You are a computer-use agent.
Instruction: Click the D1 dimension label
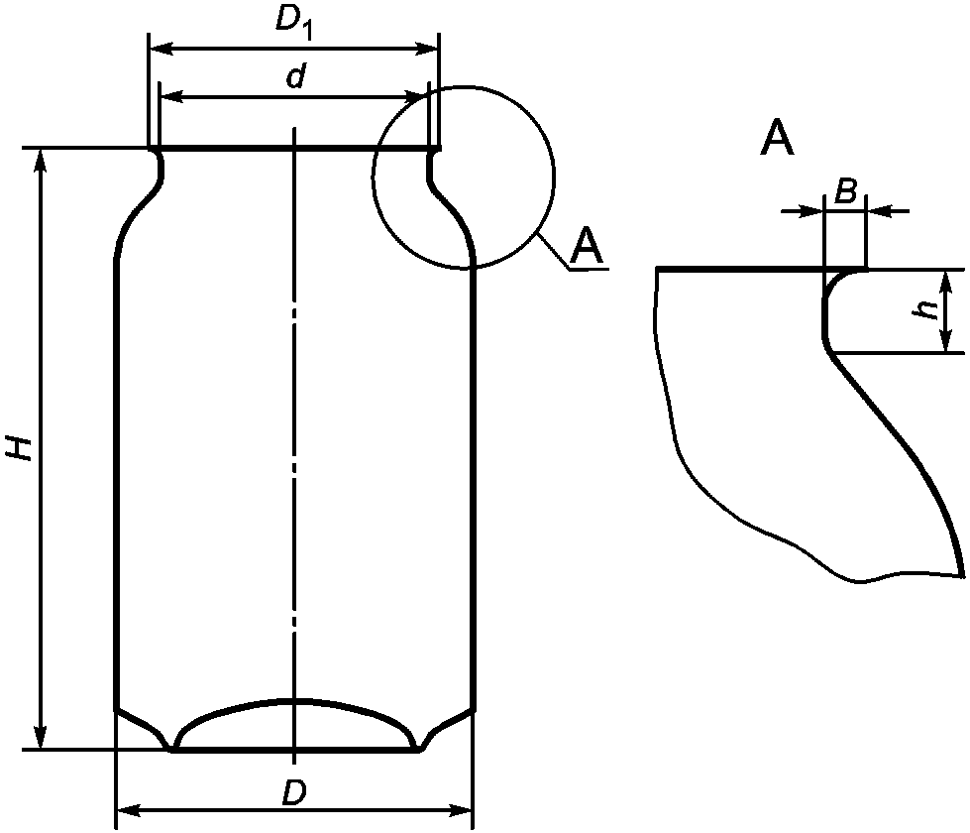(293, 24)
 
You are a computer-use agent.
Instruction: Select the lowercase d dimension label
(295, 76)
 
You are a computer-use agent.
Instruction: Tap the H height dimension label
(20, 447)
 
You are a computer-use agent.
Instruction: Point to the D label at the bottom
(294, 792)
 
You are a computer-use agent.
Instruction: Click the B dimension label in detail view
(845, 191)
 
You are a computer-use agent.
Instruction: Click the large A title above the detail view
(777, 138)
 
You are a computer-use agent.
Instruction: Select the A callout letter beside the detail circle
(586, 245)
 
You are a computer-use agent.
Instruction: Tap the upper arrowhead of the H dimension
(41, 161)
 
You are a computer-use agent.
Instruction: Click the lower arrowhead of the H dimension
(41, 738)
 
